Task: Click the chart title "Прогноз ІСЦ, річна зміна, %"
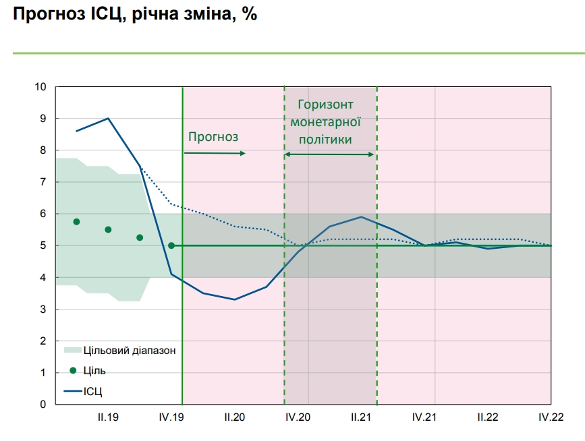132,14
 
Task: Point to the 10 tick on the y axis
40,87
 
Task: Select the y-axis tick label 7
43,182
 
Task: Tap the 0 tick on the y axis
43,404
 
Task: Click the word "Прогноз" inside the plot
213,137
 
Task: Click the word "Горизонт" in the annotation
326,105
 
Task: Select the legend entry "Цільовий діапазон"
129,350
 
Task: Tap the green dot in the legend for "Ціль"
73,370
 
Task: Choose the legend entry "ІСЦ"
92,390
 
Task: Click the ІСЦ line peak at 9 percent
108,118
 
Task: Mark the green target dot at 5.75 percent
76,222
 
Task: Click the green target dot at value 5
171,245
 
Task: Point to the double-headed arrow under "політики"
329,154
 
